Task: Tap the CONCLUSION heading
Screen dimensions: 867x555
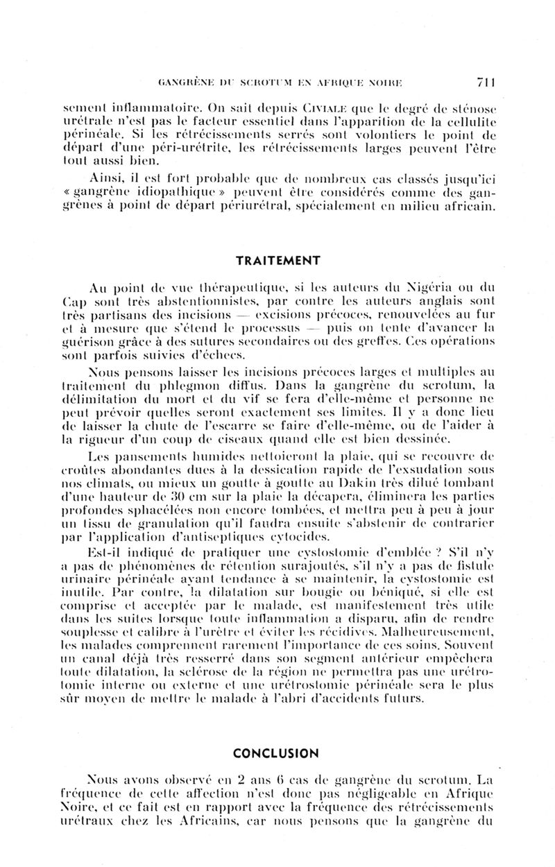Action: pos(276,753)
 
